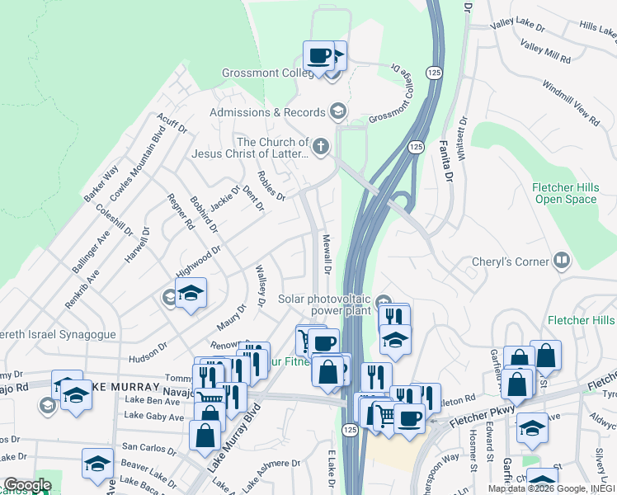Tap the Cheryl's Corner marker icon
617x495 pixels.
point(562,262)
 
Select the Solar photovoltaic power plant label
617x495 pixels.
point(326,305)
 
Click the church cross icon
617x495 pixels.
point(320,148)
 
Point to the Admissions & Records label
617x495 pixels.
point(268,112)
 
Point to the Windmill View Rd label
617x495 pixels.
point(571,104)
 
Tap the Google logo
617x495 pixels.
point(26,485)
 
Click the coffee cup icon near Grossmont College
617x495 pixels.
point(319,57)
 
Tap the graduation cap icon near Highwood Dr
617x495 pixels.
point(191,295)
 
